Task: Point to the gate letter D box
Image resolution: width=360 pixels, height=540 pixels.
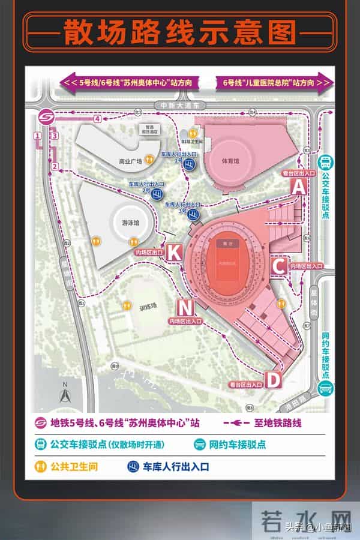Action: (x=273, y=379)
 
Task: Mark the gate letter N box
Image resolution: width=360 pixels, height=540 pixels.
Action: (x=186, y=308)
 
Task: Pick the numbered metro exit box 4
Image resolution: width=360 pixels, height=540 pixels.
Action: (x=97, y=119)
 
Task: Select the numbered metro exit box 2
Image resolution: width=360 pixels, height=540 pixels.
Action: (x=55, y=166)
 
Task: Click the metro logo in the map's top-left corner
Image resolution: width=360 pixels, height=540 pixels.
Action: (x=45, y=116)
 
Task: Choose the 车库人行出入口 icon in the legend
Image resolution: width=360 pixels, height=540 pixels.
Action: (x=131, y=466)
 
